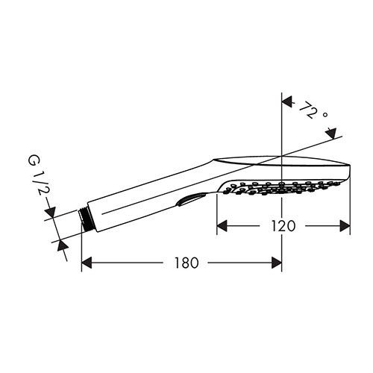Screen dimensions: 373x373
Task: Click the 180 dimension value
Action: click(x=186, y=263)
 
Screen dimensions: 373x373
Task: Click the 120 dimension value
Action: click(x=283, y=226)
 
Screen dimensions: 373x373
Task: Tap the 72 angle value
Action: click(x=308, y=110)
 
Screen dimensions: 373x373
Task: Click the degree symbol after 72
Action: click(x=325, y=115)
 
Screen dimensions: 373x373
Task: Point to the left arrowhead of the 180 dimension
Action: click(x=87, y=263)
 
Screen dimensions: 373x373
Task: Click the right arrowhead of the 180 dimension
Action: click(x=277, y=263)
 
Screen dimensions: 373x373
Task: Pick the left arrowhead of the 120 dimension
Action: click(x=222, y=226)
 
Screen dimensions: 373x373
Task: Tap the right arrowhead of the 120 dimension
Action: click(x=345, y=226)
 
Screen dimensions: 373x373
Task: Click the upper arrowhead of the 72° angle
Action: click(x=287, y=102)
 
